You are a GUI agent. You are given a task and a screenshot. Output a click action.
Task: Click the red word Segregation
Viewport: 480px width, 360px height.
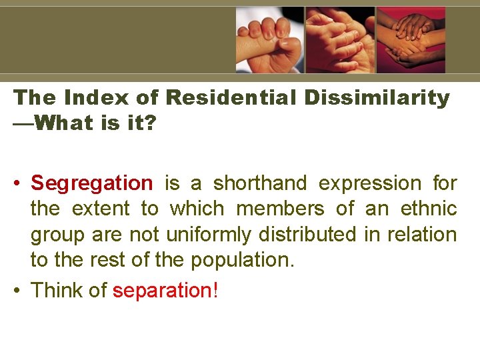[x=92, y=183]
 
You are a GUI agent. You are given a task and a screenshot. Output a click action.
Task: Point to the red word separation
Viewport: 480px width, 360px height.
[x=162, y=291]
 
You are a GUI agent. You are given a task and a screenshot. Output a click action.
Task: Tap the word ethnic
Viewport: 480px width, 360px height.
[x=429, y=209]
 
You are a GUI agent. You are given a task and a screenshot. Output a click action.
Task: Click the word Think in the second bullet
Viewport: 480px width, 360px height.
[x=59, y=291]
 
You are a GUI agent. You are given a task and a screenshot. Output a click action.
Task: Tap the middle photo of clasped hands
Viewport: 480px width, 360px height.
[x=341, y=40]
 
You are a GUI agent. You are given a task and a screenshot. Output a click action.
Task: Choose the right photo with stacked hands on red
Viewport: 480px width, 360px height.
[x=411, y=40]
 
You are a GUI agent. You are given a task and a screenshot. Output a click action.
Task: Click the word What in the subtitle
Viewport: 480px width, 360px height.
[x=61, y=123]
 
